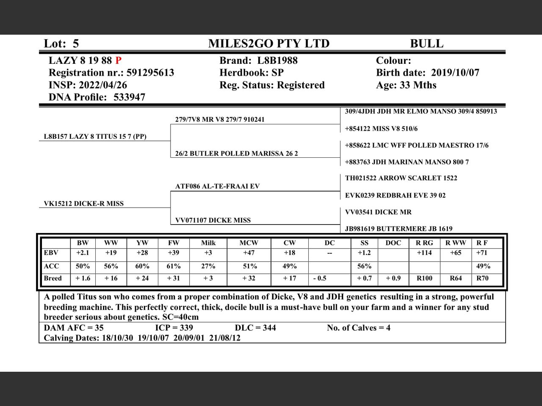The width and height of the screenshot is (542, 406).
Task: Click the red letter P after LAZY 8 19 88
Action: click(118, 60)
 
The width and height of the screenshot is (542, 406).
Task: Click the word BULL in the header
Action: click(426, 44)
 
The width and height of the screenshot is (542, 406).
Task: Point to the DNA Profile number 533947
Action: click(129, 97)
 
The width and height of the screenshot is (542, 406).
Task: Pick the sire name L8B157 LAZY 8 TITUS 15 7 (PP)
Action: click(95, 137)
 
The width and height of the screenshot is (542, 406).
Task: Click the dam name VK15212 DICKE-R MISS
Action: click(84, 203)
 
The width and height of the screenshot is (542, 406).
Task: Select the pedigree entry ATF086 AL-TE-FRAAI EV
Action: click(217, 186)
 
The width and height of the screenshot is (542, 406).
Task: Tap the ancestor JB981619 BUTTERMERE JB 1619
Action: click(398, 229)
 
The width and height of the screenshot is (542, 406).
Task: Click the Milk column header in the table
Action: click(208, 243)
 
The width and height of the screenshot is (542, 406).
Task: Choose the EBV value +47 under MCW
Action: click(249, 253)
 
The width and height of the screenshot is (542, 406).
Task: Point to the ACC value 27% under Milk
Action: click(208, 266)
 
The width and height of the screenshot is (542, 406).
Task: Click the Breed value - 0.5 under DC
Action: click(320, 278)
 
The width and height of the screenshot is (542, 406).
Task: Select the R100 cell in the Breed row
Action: click(424, 278)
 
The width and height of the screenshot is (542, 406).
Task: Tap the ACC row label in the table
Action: click(51, 266)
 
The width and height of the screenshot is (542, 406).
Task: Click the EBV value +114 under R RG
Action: click(424, 253)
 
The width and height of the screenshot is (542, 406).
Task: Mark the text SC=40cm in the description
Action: click(180, 317)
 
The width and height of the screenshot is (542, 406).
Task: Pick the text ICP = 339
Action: click(174, 328)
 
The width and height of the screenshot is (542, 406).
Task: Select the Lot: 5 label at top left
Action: click(61, 44)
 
